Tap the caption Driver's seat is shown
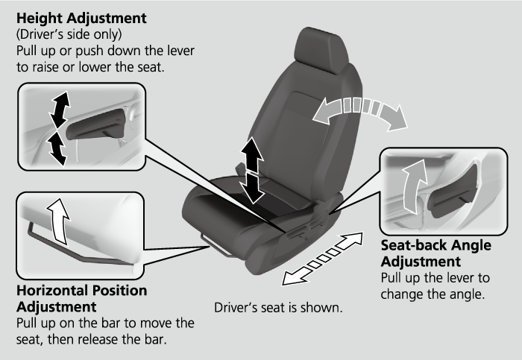(278, 307)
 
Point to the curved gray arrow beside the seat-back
(359, 112)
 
